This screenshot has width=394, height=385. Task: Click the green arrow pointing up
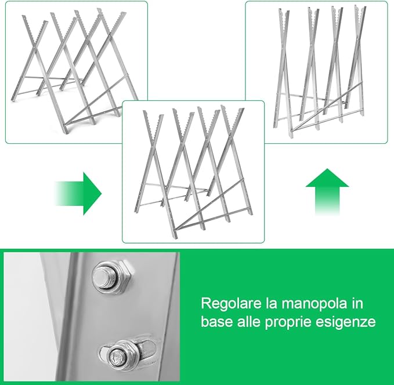pyautogui.click(x=327, y=191)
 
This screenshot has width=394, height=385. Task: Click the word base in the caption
pyautogui.click(x=217, y=321)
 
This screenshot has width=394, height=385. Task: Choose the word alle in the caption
pyautogui.click(x=248, y=321)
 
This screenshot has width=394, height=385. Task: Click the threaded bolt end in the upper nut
pyautogui.click(x=104, y=276)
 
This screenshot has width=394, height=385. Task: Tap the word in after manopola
pyautogui.click(x=358, y=304)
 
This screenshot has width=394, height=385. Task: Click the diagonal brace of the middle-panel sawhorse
pyautogui.click(x=210, y=204)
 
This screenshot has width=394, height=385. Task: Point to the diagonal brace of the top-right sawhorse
pyautogui.click(x=327, y=106)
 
